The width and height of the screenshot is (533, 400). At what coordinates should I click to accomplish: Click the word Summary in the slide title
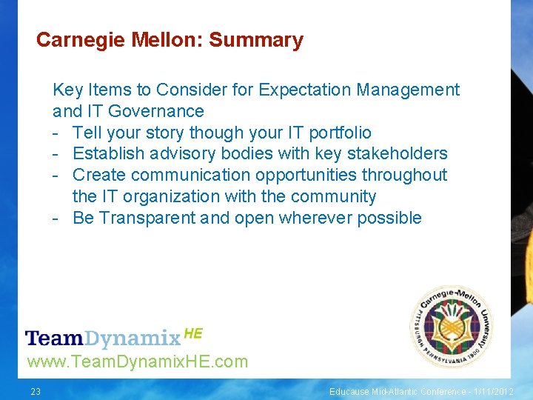(x=256, y=40)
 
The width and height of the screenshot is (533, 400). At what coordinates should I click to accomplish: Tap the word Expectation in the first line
(x=305, y=90)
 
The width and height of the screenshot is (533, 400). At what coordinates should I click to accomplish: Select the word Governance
(x=155, y=112)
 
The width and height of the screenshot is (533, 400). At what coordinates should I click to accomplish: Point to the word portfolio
(x=340, y=133)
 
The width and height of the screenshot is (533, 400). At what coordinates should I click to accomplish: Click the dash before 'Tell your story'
(x=56, y=133)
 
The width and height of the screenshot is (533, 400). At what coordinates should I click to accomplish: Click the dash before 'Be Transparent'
(x=56, y=219)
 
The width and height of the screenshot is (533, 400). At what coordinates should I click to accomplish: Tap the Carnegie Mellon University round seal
(x=451, y=327)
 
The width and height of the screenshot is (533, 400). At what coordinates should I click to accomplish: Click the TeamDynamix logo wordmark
(x=103, y=339)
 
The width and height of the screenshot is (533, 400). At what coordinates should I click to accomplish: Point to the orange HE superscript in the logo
(x=192, y=334)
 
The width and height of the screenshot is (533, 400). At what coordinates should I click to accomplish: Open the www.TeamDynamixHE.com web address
(x=137, y=362)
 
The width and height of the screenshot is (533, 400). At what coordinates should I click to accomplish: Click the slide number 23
(x=36, y=391)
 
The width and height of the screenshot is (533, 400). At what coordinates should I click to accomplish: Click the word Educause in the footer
(x=350, y=391)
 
